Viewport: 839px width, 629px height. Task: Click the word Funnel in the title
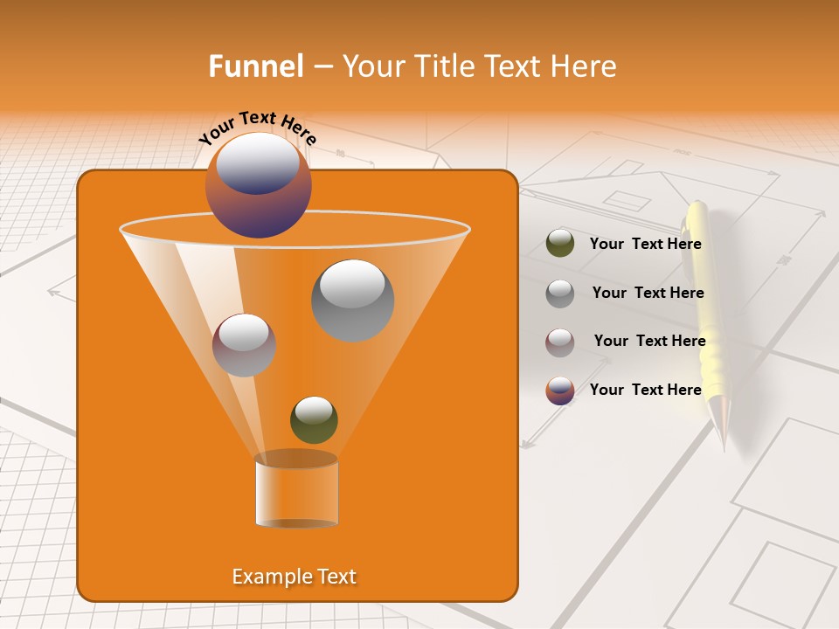pos(255,66)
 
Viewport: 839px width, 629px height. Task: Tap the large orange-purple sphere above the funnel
pos(258,184)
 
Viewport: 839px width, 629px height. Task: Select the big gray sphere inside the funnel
pos(352,300)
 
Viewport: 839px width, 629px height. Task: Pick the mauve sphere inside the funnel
pos(244,344)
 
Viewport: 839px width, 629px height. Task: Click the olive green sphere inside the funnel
pos(314,419)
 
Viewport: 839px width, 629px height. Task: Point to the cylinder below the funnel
pos(296,492)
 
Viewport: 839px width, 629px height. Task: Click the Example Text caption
pos(294,577)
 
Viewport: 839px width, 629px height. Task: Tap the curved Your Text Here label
pos(257,127)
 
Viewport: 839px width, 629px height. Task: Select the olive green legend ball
pos(559,243)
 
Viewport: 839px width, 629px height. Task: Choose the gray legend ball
pos(559,293)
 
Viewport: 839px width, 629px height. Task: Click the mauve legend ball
pos(559,342)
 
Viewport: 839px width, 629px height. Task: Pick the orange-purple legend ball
pos(559,391)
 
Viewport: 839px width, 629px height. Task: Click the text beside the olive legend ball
pos(645,245)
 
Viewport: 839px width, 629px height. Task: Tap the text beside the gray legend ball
pos(648,294)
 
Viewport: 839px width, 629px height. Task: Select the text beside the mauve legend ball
pos(649,341)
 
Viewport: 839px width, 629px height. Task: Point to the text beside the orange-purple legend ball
pos(645,390)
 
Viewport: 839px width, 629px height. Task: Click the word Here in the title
pos(584,66)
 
